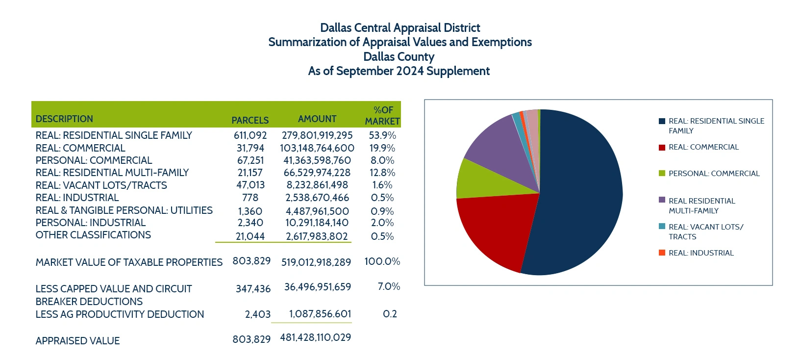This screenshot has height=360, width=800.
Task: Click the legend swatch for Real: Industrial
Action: pyautogui.click(x=662, y=253)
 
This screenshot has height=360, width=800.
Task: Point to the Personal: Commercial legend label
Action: pyautogui.click(x=714, y=174)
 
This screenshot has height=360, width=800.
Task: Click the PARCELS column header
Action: pyautogui.click(x=250, y=120)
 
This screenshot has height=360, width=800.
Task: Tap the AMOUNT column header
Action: pyautogui.click(x=317, y=119)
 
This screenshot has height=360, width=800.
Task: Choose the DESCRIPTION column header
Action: pyautogui.click(x=64, y=119)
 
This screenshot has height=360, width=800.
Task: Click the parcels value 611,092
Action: pyautogui.click(x=250, y=135)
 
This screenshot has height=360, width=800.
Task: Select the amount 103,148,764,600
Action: pyautogui.click(x=317, y=148)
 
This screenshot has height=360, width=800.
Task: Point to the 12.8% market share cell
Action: pyautogui.click(x=382, y=173)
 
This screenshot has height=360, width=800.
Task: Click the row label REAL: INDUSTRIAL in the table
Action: pyautogui.click(x=77, y=198)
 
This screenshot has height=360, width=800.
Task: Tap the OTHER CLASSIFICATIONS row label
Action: pyautogui.click(x=93, y=235)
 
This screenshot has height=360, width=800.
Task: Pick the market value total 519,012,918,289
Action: pyautogui.click(x=316, y=262)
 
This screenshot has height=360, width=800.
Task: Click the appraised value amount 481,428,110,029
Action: pyautogui.click(x=316, y=337)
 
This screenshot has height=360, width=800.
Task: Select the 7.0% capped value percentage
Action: pyautogui.click(x=389, y=286)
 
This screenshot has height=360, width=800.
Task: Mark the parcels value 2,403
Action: pyautogui.click(x=257, y=314)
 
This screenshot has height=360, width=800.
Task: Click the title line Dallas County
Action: pyautogui.click(x=399, y=57)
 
